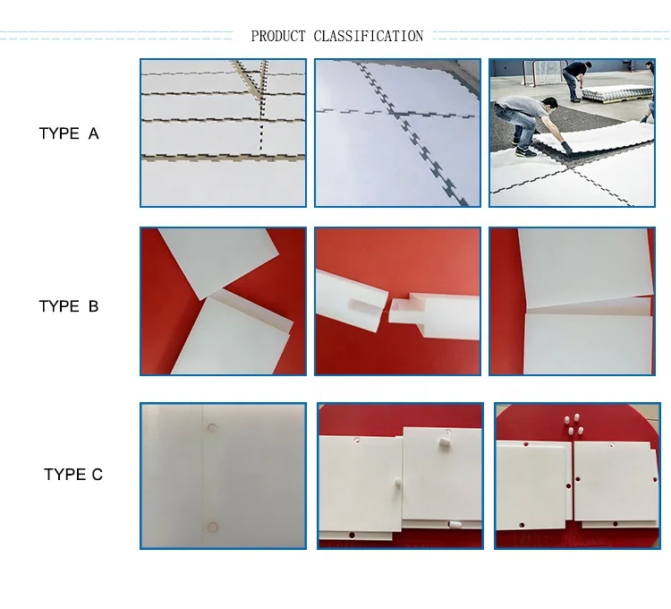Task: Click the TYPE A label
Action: click(x=69, y=133)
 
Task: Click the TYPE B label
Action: click(x=69, y=306)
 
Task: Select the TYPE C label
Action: click(x=73, y=475)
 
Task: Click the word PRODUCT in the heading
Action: click(x=278, y=37)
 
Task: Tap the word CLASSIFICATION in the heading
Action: click(x=368, y=37)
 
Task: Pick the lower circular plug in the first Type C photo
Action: click(x=212, y=527)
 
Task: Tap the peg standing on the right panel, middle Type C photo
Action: click(x=444, y=443)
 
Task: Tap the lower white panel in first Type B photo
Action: click(x=233, y=336)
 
